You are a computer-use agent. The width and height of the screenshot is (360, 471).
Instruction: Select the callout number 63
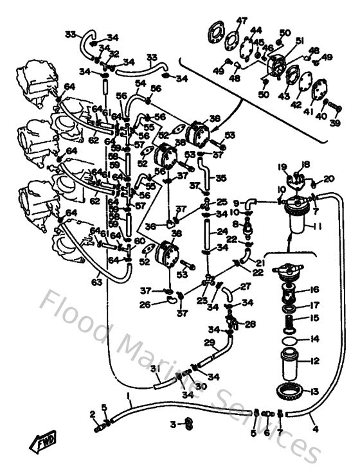[x=97, y=281]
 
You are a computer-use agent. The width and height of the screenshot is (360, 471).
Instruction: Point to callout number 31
[x=154, y=368]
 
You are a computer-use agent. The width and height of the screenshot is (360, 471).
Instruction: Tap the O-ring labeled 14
[x=290, y=339]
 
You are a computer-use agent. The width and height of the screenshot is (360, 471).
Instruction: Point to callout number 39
[x=335, y=123]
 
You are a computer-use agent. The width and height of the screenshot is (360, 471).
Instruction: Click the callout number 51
[x=300, y=40]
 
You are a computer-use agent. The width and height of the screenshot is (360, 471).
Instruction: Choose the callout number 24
[x=222, y=232]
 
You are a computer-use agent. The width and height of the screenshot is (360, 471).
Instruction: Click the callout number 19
[x=282, y=167]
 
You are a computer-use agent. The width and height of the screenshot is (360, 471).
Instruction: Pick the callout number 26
[x=145, y=304]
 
